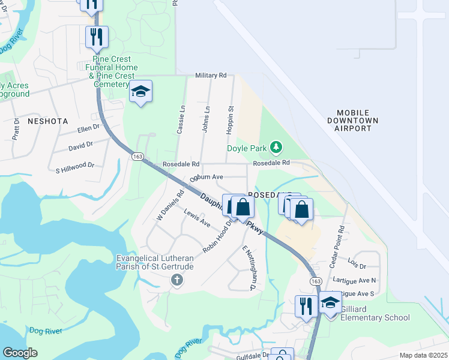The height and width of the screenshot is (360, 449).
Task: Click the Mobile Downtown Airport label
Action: click(357, 121)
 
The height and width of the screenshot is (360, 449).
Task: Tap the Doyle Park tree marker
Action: click(276, 146)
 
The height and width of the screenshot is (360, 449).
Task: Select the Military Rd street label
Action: click(211, 76)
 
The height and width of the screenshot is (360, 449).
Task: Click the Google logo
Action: click(20, 352)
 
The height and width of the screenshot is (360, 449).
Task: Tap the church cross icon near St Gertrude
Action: click(176, 280)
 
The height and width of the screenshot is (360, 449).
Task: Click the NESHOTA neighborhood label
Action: click(47, 121)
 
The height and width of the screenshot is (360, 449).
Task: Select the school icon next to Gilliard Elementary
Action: click(330, 303)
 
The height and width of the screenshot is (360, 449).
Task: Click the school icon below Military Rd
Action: click(140, 91)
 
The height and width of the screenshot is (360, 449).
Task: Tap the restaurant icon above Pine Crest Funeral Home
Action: click(97, 37)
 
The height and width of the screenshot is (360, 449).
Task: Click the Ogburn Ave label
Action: click(206, 178)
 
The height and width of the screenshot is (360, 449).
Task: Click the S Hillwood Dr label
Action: click(74, 164)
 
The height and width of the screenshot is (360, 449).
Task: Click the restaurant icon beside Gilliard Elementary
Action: click(306, 306)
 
